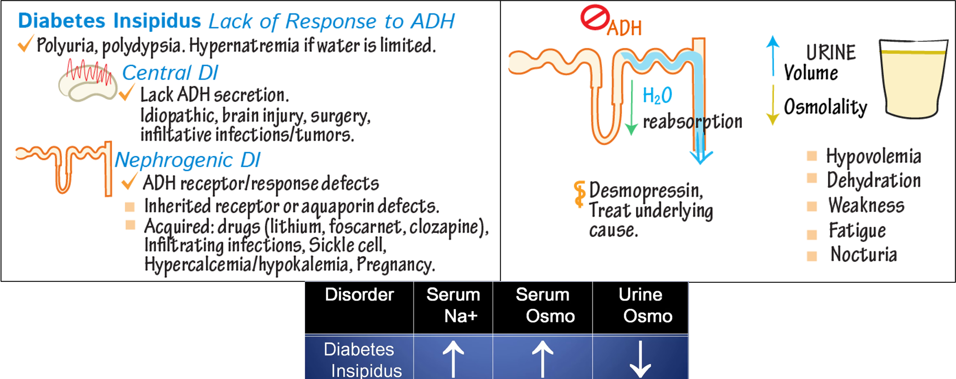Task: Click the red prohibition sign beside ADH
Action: (595, 18)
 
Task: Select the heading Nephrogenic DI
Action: (187, 160)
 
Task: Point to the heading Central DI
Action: (170, 73)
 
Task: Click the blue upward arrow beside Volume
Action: (773, 55)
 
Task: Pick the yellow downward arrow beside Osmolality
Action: (773, 106)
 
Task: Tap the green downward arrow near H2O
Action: (631, 108)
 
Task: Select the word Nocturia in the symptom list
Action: (863, 254)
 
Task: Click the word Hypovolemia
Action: (874, 156)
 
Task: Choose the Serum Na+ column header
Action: (453, 305)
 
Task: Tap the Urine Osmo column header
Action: (641, 305)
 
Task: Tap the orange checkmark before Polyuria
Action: (25, 44)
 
